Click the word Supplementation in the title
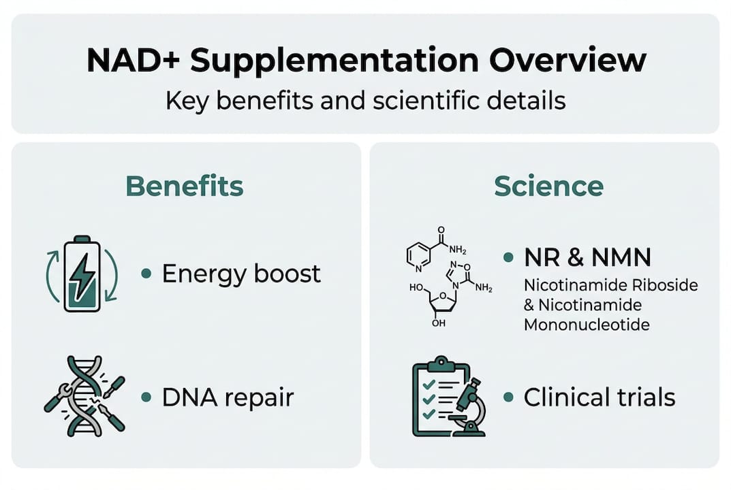point(333,61)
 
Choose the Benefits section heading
point(185,186)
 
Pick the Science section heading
point(548,186)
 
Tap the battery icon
point(82,274)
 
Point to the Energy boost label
point(241,274)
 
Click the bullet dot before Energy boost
point(146,274)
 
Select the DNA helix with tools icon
point(84,395)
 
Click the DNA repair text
point(228,397)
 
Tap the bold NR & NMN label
point(587,257)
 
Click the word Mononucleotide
point(587,324)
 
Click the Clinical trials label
point(600,397)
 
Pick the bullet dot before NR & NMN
point(508,257)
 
